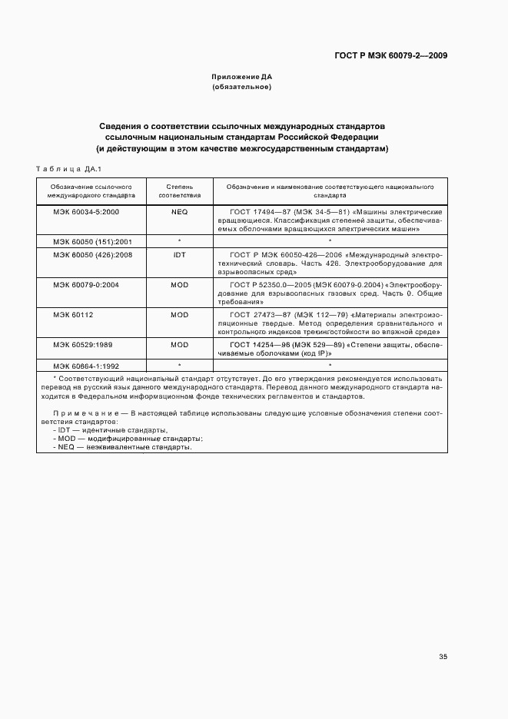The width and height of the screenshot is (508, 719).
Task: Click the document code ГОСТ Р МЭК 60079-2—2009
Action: (391, 55)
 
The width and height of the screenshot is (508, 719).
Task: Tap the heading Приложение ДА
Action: (242, 78)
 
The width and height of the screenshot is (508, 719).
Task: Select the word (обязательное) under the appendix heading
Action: (242, 88)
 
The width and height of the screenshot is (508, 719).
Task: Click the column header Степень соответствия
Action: (179, 191)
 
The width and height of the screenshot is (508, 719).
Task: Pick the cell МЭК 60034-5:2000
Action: (86, 210)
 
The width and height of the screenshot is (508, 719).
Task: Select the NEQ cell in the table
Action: (179, 210)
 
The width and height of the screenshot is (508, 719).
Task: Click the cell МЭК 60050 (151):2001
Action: (92, 241)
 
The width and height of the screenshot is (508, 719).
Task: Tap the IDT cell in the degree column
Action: (179, 253)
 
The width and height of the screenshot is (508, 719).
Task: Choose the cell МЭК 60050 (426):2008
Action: (92, 253)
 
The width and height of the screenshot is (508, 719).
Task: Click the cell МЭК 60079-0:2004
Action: (86, 284)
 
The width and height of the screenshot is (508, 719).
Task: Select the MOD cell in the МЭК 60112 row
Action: (179, 315)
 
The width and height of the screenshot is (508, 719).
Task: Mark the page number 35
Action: (443, 657)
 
